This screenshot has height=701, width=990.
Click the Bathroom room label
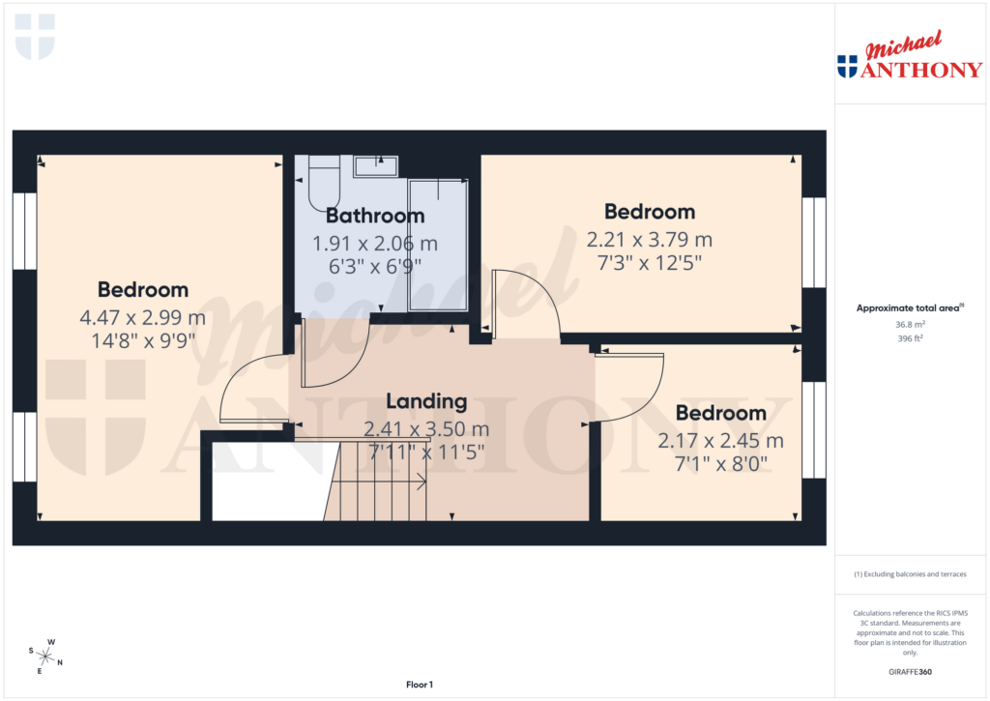click(375, 216)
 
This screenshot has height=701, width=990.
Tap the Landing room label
click(426, 401)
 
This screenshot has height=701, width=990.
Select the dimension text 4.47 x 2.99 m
click(143, 317)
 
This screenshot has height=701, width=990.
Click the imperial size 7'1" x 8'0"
click(720, 463)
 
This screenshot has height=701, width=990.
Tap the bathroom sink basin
click(375, 166)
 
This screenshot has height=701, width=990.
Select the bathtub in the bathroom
click(437, 244)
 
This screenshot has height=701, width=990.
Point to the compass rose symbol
click(45, 656)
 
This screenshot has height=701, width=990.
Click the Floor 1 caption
click(420, 685)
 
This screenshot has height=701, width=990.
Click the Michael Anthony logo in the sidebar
click(909, 58)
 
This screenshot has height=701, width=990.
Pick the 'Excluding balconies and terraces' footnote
click(910, 574)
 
